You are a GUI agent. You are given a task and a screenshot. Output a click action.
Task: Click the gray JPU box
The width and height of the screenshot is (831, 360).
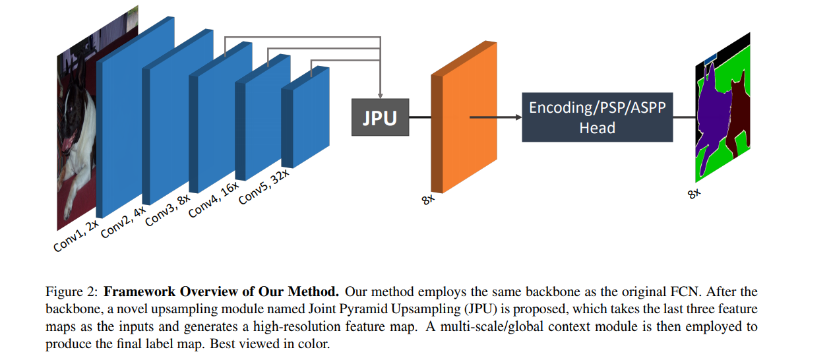[380, 117]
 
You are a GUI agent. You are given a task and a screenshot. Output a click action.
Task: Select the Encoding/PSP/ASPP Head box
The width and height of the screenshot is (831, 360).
[597, 117]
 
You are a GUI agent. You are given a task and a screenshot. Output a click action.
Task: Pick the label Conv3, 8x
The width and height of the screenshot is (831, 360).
[168, 210]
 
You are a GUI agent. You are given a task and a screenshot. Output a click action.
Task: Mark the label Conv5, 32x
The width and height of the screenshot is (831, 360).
[263, 187]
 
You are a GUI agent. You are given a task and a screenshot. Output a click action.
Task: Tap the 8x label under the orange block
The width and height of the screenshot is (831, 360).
[429, 198]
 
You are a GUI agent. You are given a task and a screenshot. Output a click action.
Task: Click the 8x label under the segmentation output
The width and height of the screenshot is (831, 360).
[693, 194]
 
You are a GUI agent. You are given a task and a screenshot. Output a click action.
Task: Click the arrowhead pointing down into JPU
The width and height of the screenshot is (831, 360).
[381, 94]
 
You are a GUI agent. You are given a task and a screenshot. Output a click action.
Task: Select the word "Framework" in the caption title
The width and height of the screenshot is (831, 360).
[135, 291]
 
